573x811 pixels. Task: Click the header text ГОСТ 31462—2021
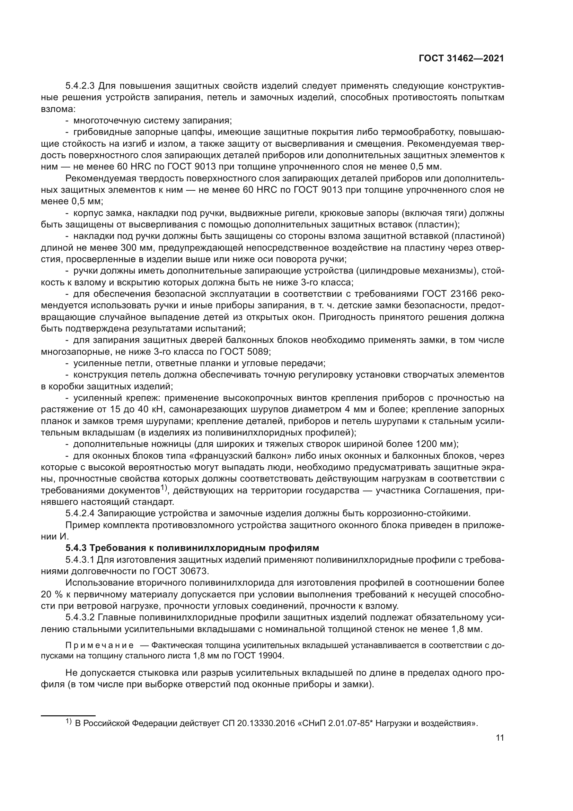(461, 58)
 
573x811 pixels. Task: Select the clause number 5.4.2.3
(79, 86)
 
